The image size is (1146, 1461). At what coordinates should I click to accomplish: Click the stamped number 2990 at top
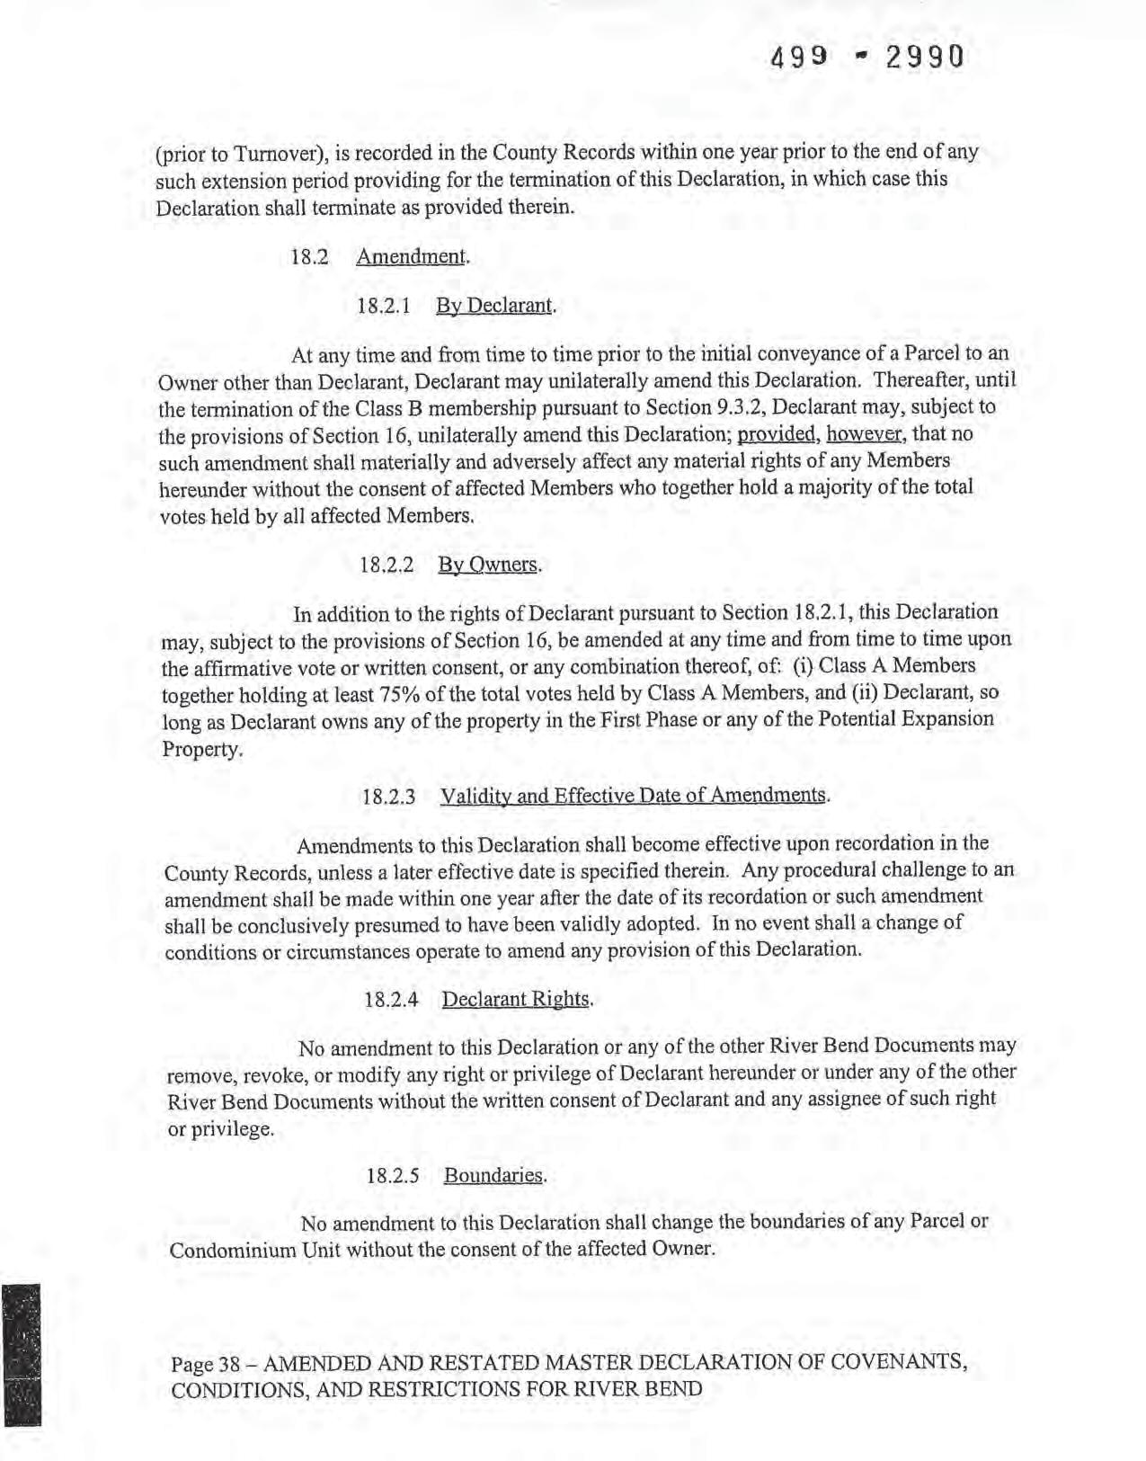pos(924,58)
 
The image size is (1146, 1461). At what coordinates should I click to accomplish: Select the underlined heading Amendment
pos(413,256)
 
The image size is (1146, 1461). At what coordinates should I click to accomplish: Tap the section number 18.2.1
pos(384,306)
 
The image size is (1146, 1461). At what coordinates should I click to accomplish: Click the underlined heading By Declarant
pos(495,306)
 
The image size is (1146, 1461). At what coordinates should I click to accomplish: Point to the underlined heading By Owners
pos(490,566)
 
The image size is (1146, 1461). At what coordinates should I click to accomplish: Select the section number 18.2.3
pos(388,797)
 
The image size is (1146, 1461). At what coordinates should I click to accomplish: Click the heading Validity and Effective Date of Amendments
pos(633,797)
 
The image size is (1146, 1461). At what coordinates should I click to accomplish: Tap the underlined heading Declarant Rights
pos(517,1000)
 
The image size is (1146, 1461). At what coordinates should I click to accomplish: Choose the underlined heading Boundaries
pos(494,1176)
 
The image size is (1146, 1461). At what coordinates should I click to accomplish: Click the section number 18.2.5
pos(393,1177)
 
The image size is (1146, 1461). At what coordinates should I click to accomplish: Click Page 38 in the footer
pos(205,1364)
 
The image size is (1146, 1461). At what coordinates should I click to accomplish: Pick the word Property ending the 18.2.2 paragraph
pos(202,749)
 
